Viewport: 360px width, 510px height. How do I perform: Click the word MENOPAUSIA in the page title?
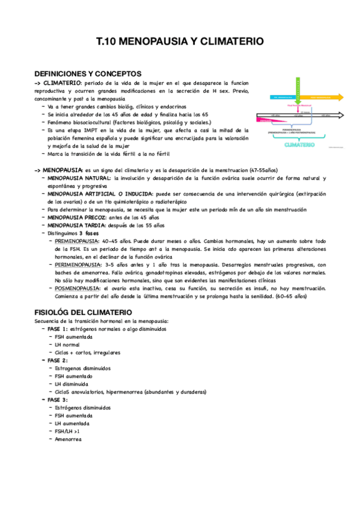148,42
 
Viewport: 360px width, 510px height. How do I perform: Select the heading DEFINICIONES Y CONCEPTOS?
88,73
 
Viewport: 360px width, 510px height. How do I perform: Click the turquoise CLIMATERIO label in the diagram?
299,144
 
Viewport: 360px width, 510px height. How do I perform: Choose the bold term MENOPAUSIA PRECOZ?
75,217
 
